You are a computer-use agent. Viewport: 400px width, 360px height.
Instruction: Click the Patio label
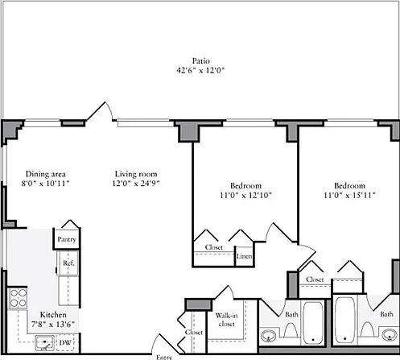(201, 61)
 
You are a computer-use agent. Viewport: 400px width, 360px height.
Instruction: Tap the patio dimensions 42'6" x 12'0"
(200, 70)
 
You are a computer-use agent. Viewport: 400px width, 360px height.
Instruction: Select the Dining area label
(45, 174)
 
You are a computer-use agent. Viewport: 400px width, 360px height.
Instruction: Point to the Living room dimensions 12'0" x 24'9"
(136, 184)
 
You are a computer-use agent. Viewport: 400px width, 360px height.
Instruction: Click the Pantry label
(67, 239)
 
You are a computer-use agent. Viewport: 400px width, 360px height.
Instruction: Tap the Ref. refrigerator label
(68, 263)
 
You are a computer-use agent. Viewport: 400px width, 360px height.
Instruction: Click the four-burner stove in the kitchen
(18, 298)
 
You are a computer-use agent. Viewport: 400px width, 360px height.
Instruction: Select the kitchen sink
(44, 343)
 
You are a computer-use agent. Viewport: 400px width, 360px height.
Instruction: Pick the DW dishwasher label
(65, 342)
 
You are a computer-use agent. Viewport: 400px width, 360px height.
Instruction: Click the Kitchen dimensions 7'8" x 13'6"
(52, 325)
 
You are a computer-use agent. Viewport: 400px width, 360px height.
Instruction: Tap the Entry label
(164, 357)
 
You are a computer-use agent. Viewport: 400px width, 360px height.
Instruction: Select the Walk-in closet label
(226, 320)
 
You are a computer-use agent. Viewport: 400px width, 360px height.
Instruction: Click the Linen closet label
(244, 256)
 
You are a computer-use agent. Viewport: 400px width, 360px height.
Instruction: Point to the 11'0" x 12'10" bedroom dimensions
(245, 195)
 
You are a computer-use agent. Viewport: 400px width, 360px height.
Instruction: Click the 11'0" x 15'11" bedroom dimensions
(349, 195)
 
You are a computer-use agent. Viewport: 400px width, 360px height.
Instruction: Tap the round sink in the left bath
(269, 336)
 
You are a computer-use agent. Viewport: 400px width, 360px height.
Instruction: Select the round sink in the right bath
(390, 335)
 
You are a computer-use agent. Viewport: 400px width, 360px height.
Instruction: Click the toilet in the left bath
(291, 329)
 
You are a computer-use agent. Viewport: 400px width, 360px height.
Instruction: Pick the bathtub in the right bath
(344, 320)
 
